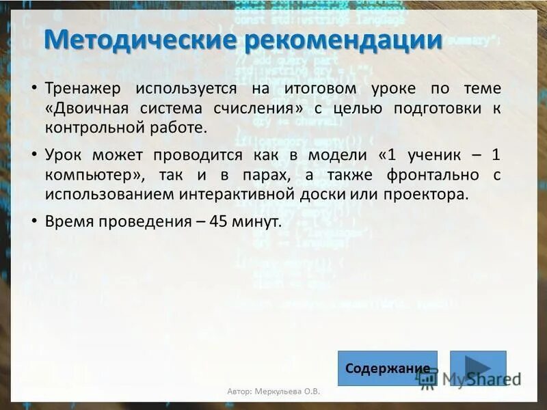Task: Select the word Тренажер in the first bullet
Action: click(x=83, y=89)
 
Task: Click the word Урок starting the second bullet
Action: click(x=64, y=155)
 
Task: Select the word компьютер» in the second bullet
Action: click(x=94, y=174)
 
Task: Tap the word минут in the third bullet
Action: click(x=256, y=221)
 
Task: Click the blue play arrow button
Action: click(x=478, y=368)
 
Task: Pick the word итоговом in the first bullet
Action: click(x=323, y=89)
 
